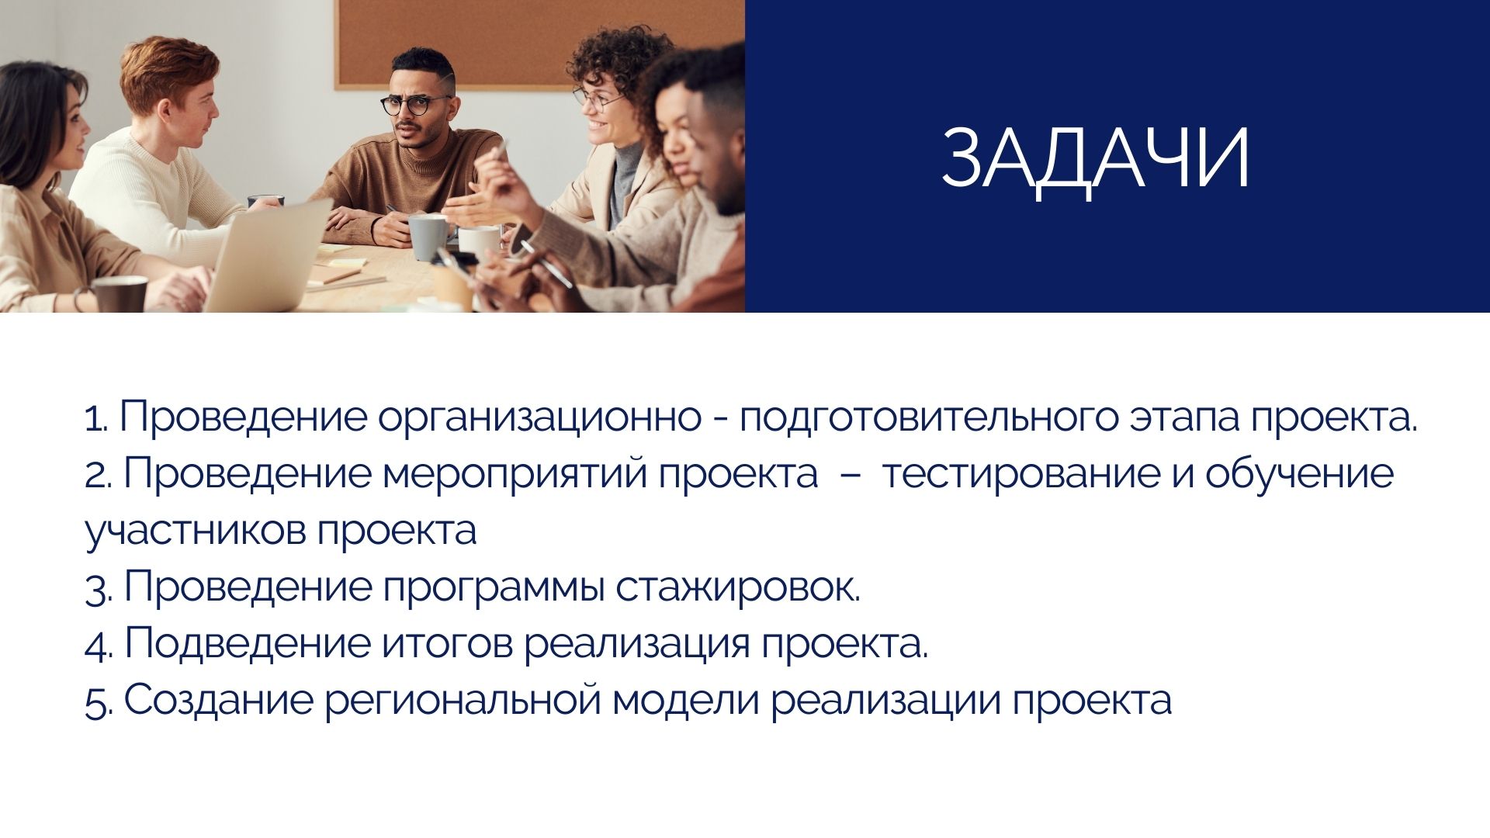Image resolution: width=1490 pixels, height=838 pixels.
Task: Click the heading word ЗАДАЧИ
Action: (1095, 158)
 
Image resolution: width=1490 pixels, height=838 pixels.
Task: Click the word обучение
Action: (1299, 474)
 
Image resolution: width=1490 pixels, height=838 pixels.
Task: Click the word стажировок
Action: (738, 587)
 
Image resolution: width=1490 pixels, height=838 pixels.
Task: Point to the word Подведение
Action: (248, 644)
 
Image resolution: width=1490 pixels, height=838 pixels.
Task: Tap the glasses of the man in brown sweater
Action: (417, 105)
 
